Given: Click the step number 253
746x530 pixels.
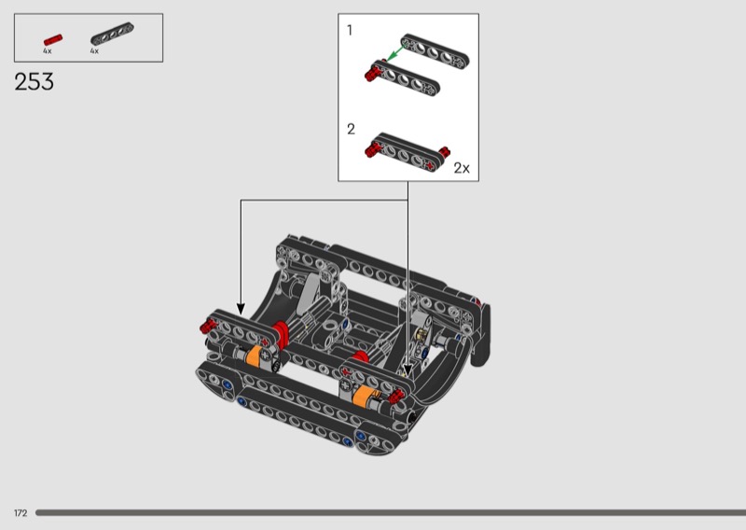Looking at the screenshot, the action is coord(34,81).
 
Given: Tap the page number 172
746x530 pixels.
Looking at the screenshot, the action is coord(21,513).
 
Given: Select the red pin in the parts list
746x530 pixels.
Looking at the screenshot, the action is coord(53,40).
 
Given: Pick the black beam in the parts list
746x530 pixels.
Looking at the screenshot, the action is coord(112,34).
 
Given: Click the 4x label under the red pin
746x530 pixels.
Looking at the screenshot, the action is coord(48,50).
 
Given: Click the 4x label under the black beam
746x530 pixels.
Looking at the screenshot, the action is coord(94,50).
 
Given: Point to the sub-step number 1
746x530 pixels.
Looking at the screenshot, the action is coord(350,31).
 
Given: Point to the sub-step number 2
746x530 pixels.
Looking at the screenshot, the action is coord(352,129).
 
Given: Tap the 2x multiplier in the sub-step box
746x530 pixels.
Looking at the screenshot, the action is coord(461,168).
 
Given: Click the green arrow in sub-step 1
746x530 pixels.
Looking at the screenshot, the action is coord(394,53).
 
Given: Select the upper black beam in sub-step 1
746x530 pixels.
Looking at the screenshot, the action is coord(435,49).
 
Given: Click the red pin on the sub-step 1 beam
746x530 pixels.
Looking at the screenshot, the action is coord(373,74).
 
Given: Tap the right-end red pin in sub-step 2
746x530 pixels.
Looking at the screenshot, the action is coord(445,152).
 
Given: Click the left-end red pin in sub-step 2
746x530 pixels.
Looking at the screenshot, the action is coord(372,149).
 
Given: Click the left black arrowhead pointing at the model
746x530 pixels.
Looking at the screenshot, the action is coord(241,310).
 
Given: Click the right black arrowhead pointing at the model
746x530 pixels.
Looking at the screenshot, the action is coord(408,370).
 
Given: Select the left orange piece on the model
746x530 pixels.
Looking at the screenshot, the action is coord(254,356).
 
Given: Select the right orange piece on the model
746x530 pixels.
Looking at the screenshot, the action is coord(365,396).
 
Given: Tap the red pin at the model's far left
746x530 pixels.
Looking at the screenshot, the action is coord(208,326).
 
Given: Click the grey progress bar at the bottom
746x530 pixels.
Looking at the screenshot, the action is coord(391,513).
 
